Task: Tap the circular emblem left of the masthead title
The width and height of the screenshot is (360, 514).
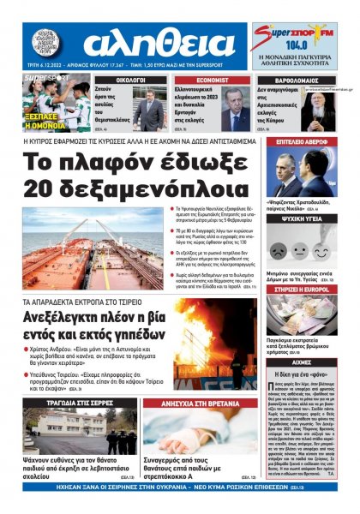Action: (48, 42)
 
